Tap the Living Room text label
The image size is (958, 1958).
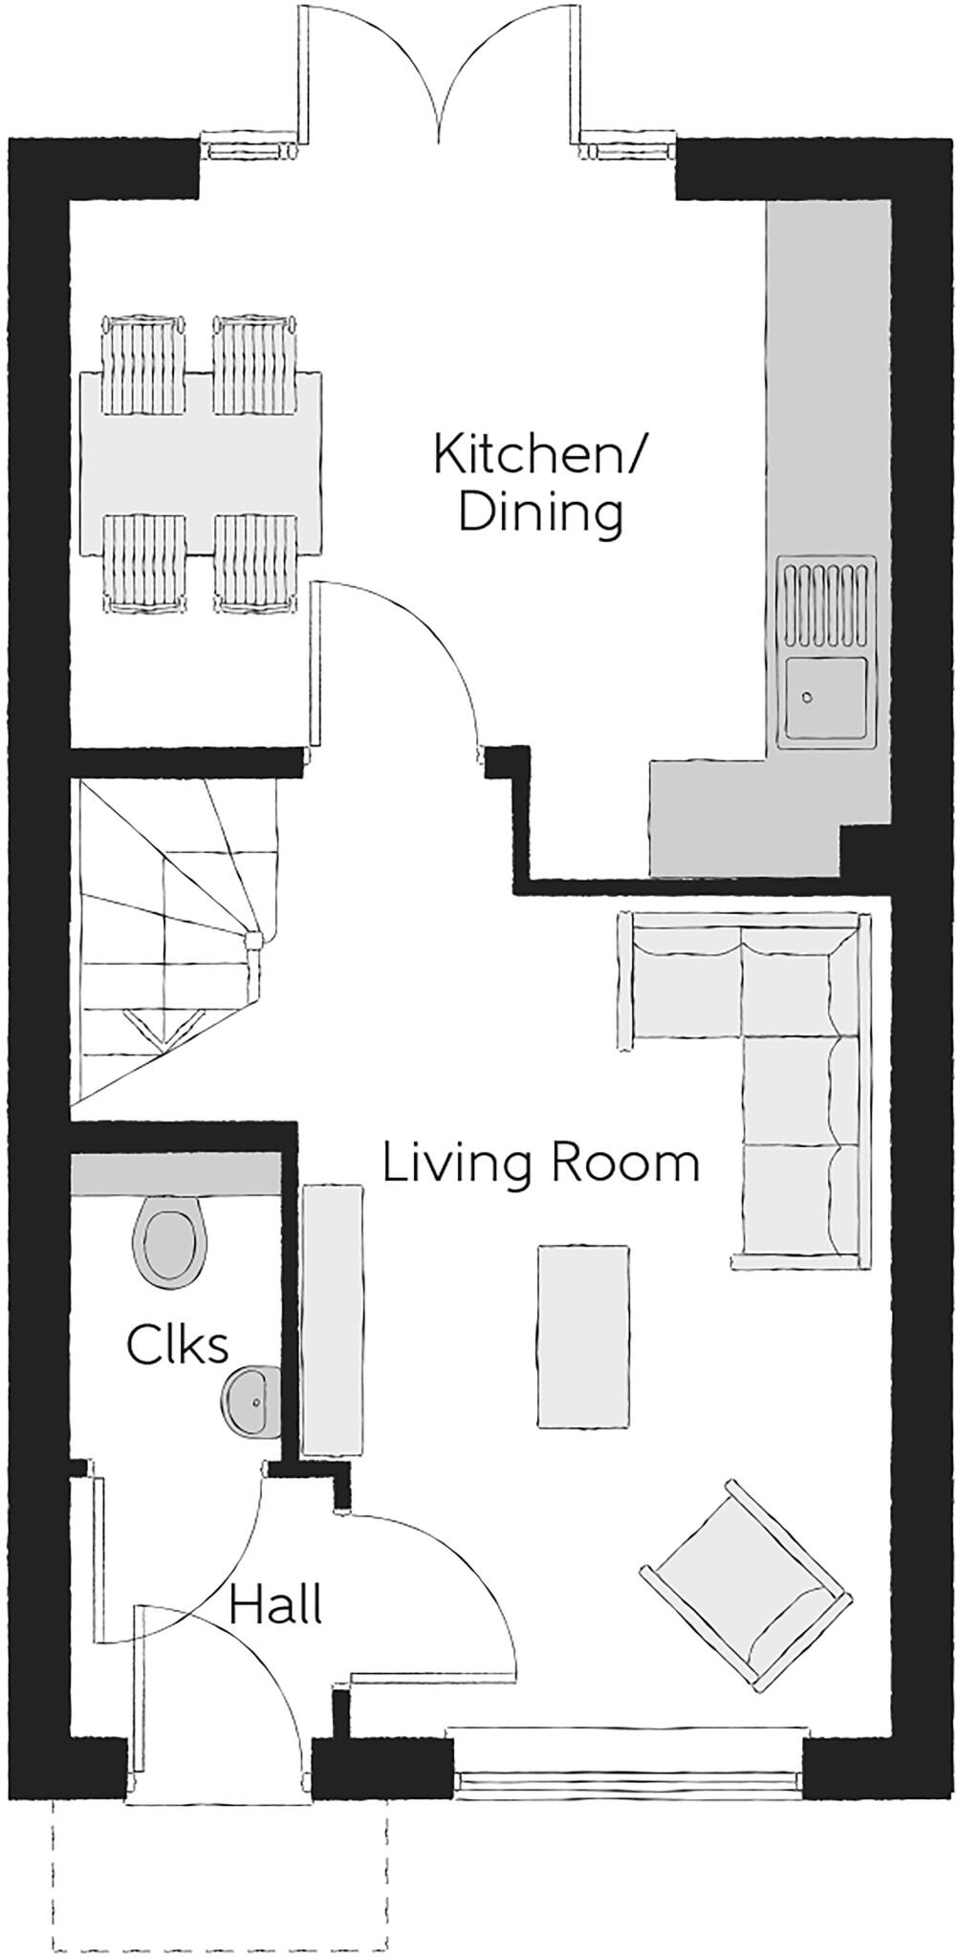[541, 1164]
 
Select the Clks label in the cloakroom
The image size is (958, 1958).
[177, 1345]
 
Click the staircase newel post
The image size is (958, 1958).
[253, 940]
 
